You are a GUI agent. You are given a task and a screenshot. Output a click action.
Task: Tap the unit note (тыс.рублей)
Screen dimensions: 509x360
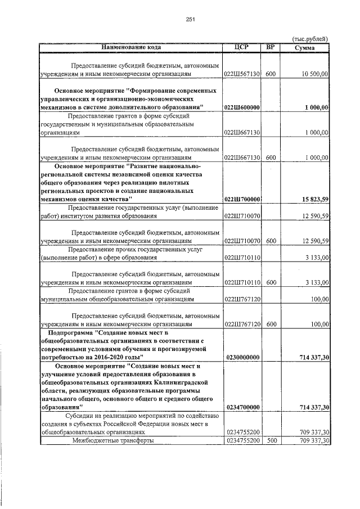[310, 39]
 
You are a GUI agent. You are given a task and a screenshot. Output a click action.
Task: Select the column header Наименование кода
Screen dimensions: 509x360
[130, 47]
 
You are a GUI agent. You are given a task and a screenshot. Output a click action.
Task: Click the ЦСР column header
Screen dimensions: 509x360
[241, 47]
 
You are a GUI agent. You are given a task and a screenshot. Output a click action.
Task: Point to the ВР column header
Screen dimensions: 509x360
[271, 47]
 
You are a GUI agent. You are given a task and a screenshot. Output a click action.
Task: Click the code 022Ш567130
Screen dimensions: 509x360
[241, 74]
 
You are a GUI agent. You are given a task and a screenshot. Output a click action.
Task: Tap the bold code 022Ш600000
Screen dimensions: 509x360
[241, 107]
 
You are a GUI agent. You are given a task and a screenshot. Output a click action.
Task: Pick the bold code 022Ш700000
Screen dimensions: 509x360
[241, 199]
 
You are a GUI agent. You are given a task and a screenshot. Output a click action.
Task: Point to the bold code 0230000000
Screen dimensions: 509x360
[241, 357]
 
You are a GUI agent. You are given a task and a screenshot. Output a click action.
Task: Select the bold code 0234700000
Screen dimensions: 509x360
[241, 406]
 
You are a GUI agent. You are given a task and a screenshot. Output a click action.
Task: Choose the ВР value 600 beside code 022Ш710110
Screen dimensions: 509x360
[271, 282]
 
